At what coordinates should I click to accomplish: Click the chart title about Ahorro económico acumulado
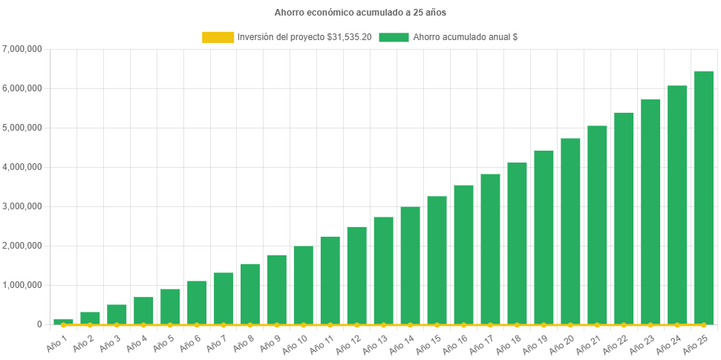[x=360, y=13]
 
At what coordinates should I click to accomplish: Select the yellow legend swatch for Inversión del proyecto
[x=218, y=37]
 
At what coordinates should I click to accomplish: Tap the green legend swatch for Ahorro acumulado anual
[x=394, y=37]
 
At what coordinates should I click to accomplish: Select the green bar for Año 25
[x=703, y=198]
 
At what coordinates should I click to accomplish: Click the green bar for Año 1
[x=63, y=321]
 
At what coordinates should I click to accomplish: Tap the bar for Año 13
[x=383, y=271]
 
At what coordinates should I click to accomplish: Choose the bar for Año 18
[x=517, y=243]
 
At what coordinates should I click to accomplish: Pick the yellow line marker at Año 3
[x=117, y=325]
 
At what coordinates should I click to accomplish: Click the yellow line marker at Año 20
[x=570, y=325]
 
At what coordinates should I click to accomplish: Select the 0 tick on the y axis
[x=38, y=324]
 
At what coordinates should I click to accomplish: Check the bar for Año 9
[x=277, y=289]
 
